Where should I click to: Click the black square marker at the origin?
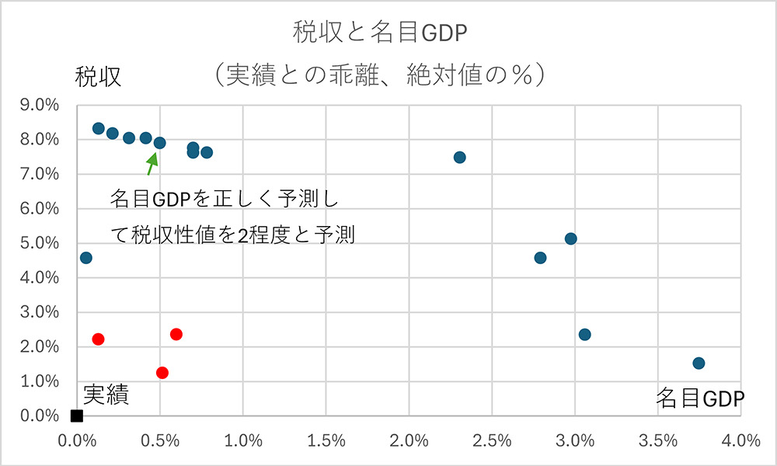point(76,416)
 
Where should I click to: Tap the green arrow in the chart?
point(152,162)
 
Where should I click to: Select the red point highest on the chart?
point(176,334)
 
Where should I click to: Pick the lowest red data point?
point(162,372)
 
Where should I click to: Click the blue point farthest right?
point(699,363)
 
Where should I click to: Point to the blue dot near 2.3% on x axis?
point(459,157)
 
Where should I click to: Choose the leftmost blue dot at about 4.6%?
point(85,257)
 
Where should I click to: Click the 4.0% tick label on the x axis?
point(740,440)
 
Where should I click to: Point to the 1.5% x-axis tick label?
point(326,440)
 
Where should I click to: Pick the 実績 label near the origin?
point(106,395)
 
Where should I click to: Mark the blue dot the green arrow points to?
point(159,143)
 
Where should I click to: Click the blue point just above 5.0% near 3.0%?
point(570,238)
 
